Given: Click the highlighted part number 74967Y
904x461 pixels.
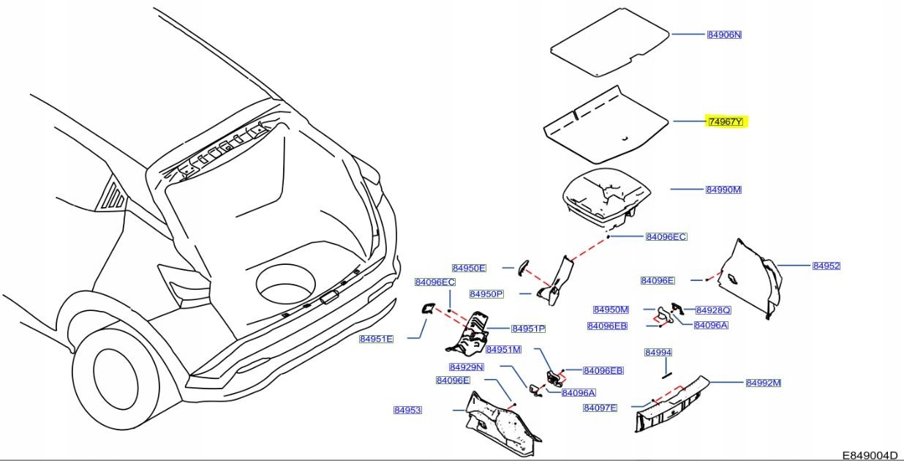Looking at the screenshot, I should coord(725,121).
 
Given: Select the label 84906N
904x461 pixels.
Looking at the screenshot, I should coord(724,34).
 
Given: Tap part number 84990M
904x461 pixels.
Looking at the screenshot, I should coord(723,190).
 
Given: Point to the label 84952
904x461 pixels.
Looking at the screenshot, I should coord(826,266).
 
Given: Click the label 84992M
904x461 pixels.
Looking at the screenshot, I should coord(764,383).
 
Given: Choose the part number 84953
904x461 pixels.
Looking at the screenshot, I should coord(407,411).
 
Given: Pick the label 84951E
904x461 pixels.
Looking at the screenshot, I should coord(376,339).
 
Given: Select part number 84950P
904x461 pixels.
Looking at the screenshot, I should coord(487,293).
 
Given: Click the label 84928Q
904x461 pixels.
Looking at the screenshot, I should coord(713,310).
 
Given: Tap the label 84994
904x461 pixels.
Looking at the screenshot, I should coord(658,353).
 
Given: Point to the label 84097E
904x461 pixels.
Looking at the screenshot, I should coord(600,408).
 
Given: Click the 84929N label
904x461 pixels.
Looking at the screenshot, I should coord(467,367).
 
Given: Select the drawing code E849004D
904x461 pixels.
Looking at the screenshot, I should coord(870,454).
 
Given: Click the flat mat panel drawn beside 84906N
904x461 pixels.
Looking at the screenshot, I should coord(609,44).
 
